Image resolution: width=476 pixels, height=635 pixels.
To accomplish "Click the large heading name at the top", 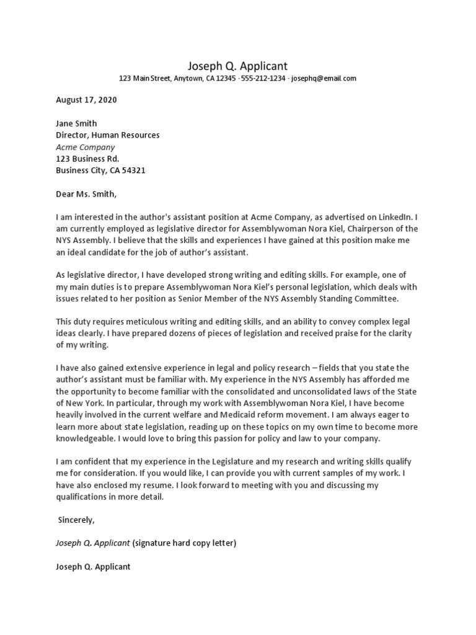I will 237,66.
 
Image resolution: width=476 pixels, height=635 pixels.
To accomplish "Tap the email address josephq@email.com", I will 323,79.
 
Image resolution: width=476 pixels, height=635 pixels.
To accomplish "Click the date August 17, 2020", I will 86,100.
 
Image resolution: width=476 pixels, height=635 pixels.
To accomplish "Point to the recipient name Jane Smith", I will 76,123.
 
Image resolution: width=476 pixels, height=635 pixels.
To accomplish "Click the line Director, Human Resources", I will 107,135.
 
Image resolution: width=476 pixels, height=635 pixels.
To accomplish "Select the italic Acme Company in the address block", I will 85,147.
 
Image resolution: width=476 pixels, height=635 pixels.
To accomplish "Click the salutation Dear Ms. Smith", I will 86,194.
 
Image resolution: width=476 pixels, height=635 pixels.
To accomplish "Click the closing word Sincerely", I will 77,520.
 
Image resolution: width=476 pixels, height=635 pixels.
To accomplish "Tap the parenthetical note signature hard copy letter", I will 184,543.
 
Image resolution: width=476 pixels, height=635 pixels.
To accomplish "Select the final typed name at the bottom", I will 93,567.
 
